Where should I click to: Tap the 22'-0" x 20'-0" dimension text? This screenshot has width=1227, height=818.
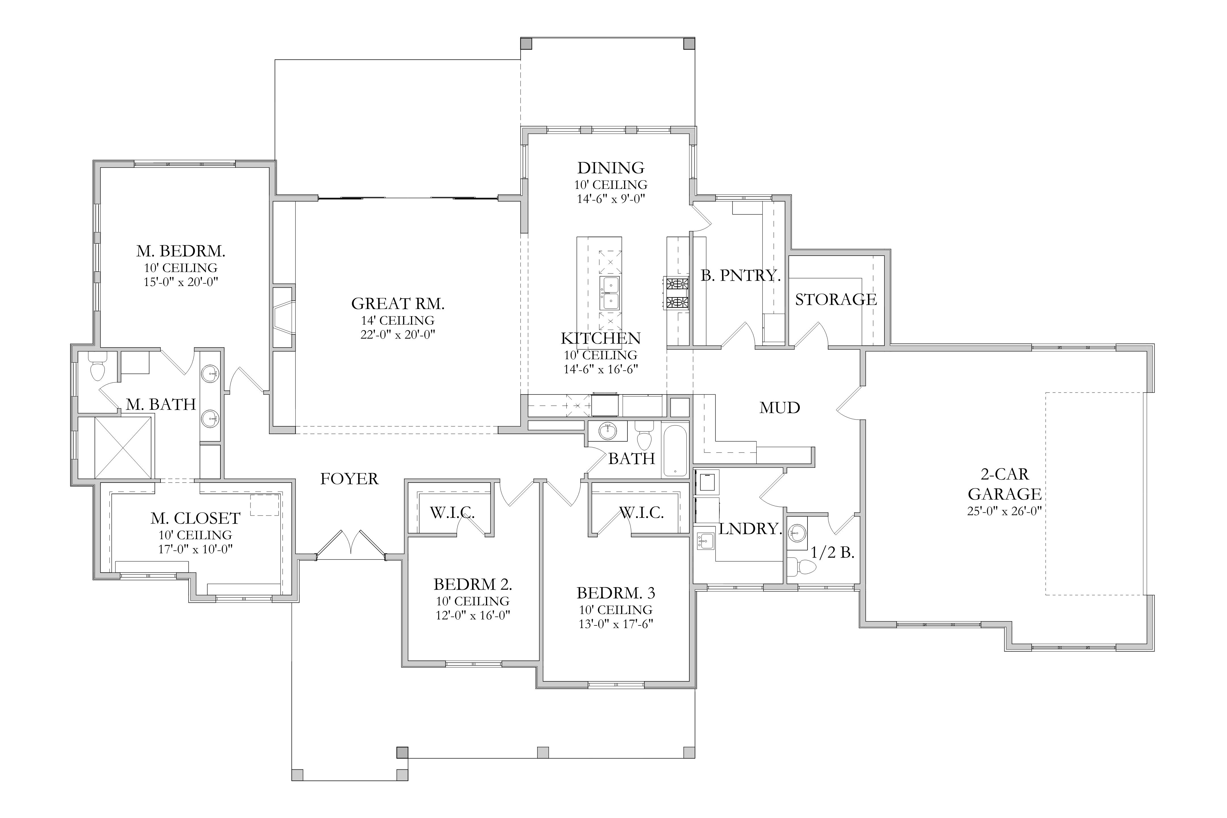coord(398,334)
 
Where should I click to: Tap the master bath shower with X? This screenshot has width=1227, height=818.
coord(123,448)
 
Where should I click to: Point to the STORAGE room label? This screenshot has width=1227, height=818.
coord(836,299)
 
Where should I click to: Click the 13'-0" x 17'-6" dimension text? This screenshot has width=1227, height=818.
coord(615,624)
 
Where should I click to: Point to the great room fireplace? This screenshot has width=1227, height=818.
coord(284,317)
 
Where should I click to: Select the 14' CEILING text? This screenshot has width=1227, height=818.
coord(398,320)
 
